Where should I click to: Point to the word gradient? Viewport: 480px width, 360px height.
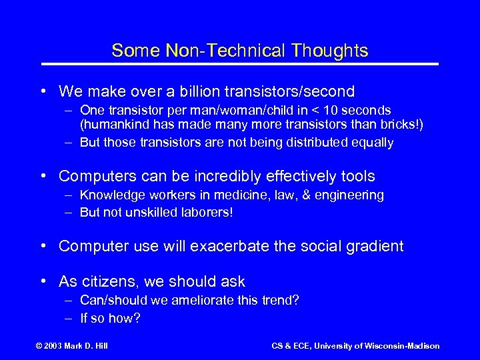[x=375, y=246]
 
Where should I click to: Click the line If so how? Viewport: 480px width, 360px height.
[x=110, y=318]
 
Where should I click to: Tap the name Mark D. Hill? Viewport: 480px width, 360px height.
[x=89, y=345]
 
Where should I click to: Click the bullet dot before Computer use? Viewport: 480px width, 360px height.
[x=43, y=246]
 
